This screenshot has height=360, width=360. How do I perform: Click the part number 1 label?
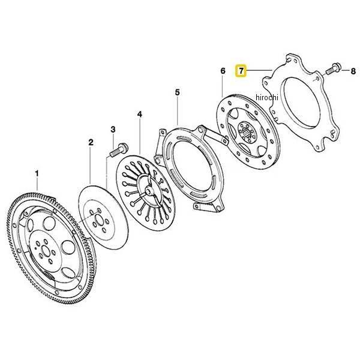(x=36, y=175)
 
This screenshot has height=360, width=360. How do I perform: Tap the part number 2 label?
(x=91, y=143)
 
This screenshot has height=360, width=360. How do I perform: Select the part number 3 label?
(x=112, y=129)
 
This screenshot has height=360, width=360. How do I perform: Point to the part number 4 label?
(x=139, y=113)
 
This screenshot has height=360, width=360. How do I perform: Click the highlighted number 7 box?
(x=241, y=70)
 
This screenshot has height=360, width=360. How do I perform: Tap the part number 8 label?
(x=344, y=71)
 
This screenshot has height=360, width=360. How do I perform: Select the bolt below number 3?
(x=118, y=148)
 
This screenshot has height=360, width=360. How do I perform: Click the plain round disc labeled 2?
(x=99, y=217)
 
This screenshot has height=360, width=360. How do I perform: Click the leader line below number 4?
(x=139, y=135)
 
